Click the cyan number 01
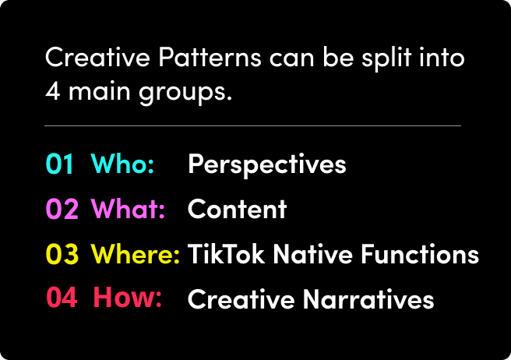point(60,164)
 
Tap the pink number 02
point(62,209)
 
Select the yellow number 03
point(62,254)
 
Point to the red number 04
point(62,297)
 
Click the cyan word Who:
point(122,164)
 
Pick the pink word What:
point(128,209)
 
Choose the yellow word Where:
point(136,254)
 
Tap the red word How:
point(128,297)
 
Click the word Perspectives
point(267,165)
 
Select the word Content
point(238,209)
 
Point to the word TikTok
point(226,254)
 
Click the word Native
point(313,254)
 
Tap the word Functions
point(420,254)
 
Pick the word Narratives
point(368,298)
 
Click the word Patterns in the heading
point(210,58)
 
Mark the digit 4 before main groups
point(53,90)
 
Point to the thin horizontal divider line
point(253,125)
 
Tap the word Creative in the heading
point(98,58)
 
